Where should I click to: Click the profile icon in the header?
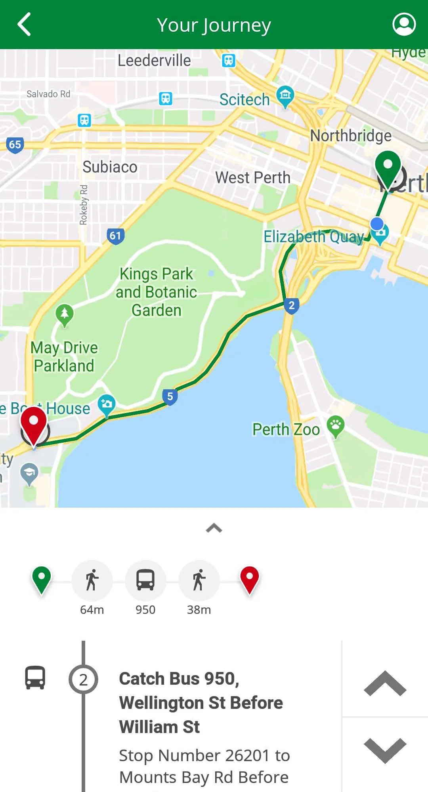pos(404,25)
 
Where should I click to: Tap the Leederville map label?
pos(154,61)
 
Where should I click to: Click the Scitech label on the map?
pos(245,99)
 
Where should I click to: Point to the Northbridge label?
pos(351,136)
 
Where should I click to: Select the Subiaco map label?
pos(110,167)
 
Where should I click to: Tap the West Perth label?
pos(253,178)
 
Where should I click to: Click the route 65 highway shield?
pos(15,145)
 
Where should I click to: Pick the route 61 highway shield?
pos(115,236)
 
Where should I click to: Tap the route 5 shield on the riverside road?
pos(170,396)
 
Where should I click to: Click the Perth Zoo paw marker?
pos(336,426)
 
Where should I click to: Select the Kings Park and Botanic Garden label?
pos(157,292)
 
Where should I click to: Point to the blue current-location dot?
pos(377,224)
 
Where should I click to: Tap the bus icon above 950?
pos(145,580)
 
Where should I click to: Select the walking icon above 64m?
pos(92,580)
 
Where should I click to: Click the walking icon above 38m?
pos(199,580)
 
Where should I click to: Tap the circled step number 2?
pos(83,680)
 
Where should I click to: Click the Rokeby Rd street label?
pos(83,205)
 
